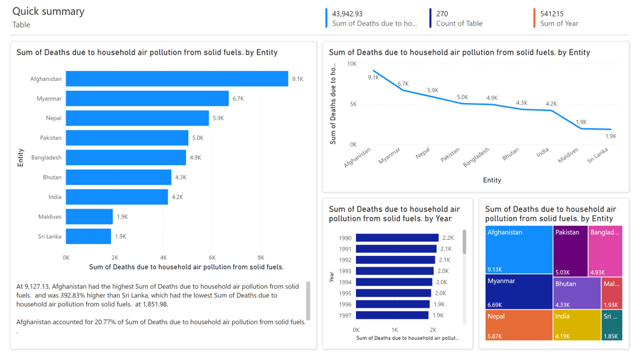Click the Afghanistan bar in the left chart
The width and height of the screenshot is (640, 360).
pyautogui.click(x=177, y=79)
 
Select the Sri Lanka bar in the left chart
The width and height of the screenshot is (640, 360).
pyautogui.click(x=88, y=236)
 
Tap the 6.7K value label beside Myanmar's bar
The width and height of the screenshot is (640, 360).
pyautogui.click(x=238, y=99)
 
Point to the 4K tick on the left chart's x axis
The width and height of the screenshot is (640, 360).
pyautogui.click(x=163, y=257)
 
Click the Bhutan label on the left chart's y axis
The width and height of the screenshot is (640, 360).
pyautogui.click(x=52, y=177)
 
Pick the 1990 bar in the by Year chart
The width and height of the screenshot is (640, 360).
pyautogui.click(x=397, y=238)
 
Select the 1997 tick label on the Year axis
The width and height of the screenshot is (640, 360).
pyautogui.click(x=345, y=315)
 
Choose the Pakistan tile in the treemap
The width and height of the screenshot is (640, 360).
pyautogui.click(x=570, y=250)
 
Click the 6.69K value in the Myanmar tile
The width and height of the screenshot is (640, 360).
pyautogui.click(x=495, y=305)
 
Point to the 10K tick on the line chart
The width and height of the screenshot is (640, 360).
pyautogui.click(x=351, y=64)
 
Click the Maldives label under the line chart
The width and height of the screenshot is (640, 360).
pyautogui.click(x=568, y=155)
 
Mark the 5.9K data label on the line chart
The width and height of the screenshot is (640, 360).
pyautogui.click(x=432, y=90)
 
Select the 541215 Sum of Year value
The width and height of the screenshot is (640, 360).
pyautogui.click(x=552, y=14)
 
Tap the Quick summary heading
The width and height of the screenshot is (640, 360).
pyautogui.click(x=48, y=11)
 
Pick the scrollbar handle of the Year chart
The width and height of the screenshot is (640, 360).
pyautogui.click(x=464, y=242)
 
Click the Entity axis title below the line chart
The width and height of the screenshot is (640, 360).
pyautogui.click(x=492, y=180)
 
